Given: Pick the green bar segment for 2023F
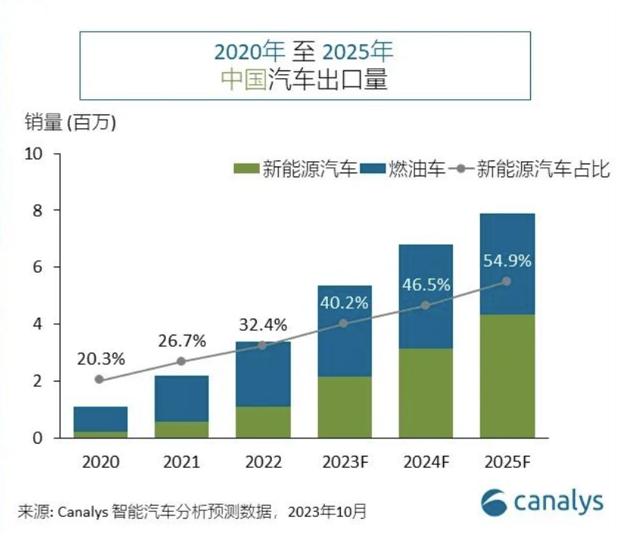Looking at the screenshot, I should [344, 407].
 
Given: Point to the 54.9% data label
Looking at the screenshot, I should [507, 261].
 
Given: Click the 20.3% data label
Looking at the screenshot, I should [100, 358].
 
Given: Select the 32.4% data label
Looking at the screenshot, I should [262, 326].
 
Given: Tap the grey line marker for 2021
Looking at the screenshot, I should [181, 361].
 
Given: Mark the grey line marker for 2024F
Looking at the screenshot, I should [426, 305].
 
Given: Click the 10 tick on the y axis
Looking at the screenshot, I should [33, 154].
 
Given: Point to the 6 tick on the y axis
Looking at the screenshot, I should [36, 267].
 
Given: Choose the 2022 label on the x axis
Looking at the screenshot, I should [262, 461].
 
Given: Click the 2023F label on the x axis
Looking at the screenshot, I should [344, 461].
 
